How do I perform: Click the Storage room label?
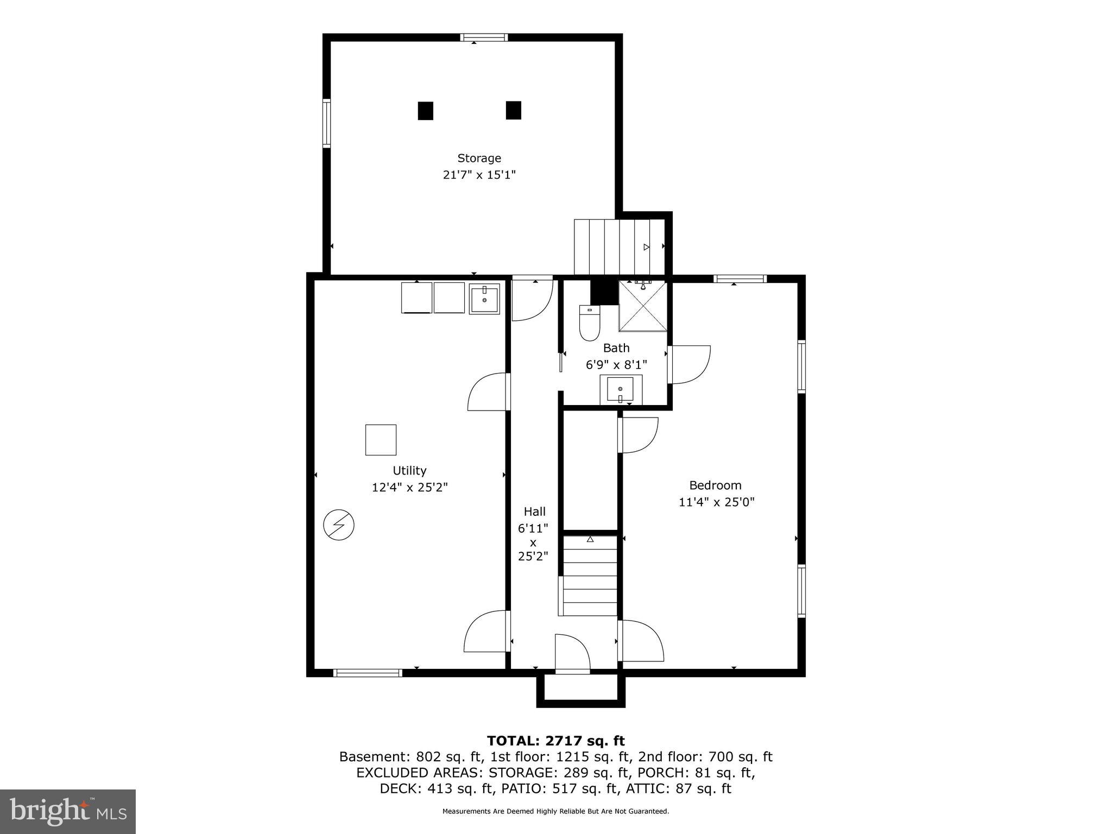[x=479, y=158]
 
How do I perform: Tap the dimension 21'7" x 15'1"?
[x=479, y=175]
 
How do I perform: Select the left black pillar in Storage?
[x=425, y=111]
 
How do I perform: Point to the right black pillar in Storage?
[x=513, y=110]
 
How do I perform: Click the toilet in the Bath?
[x=589, y=324]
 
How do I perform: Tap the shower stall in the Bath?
[x=643, y=307]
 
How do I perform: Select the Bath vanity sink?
[x=620, y=389]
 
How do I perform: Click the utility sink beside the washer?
[x=484, y=299]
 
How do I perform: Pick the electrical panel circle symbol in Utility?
[x=339, y=525]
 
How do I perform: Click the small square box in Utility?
[x=381, y=440]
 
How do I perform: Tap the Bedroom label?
[x=715, y=485]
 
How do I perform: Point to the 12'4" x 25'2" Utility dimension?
[x=409, y=488]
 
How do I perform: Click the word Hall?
[x=534, y=511]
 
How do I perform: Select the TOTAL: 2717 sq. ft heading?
[x=555, y=741]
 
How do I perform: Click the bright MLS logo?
[x=68, y=811]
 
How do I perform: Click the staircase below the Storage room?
[x=619, y=247]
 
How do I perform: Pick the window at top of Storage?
[x=484, y=37]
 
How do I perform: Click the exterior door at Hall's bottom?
[x=572, y=654]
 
